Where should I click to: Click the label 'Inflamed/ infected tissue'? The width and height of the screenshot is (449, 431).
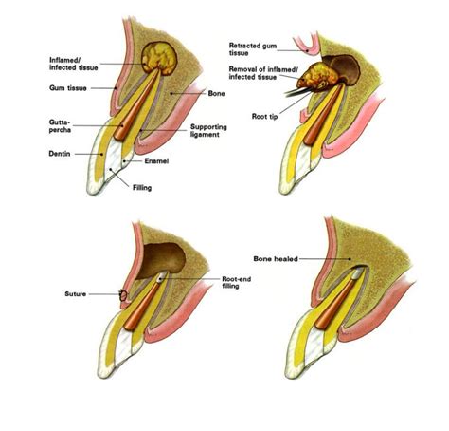pyautogui.click(x=74, y=64)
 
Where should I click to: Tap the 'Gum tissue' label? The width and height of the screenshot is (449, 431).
pyautogui.click(x=68, y=88)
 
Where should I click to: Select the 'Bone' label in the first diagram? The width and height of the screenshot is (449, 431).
pyautogui.click(x=216, y=93)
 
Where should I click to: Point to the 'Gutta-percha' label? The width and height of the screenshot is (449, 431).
pyautogui.click(x=60, y=126)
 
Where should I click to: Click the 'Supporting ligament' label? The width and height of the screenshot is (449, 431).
pyautogui.click(x=208, y=130)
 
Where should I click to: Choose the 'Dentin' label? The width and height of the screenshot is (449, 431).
pyautogui.click(x=60, y=154)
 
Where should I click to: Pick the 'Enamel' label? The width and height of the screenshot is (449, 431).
pyautogui.click(x=156, y=161)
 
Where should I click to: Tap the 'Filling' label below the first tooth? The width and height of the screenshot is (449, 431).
pyautogui.click(x=142, y=188)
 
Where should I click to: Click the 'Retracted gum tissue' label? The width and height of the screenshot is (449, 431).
pyautogui.click(x=253, y=49)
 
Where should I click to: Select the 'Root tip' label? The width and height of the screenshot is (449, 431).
pyautogui.click(x=264, y=117)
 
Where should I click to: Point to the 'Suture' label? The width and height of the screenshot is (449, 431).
pyautogui.click(x=75, y=294)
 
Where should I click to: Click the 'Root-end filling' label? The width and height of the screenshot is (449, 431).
pyautogui.click(x=237, y=282)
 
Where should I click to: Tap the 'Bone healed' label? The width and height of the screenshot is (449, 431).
pyautogui.click(x=276, y=259)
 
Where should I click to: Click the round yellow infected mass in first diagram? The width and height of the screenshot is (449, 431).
pyautogui.click(x=159, y=59)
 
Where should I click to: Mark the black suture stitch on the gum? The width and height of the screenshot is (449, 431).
pyautogui.click(x=123, y=295)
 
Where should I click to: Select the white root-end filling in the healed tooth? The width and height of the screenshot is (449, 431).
pyautogui.click(x=357, y=272)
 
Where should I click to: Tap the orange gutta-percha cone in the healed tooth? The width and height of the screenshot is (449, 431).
pyautogui.click(x=335, y=305)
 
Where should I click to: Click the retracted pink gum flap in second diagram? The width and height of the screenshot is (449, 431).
pyautogui.click(x=306, y=45)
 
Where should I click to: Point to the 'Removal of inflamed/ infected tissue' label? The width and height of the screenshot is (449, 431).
pyautogui.click(x=263, y=73)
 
